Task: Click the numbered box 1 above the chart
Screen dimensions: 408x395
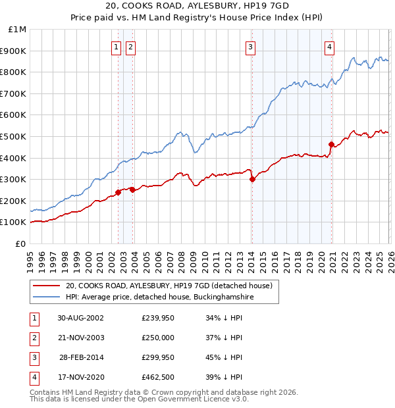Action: (117, 47)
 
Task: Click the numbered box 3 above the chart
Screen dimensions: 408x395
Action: (251, 47)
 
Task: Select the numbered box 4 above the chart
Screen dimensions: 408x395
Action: (329, 47)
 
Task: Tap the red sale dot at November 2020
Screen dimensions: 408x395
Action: (331, 144)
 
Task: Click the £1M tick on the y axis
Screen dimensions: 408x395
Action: (18, 30)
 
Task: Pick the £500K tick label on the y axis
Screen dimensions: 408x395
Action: (14, 136)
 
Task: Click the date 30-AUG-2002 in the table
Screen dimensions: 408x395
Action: (80, 317)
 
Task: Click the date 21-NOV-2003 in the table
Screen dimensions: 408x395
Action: (80, 337)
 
